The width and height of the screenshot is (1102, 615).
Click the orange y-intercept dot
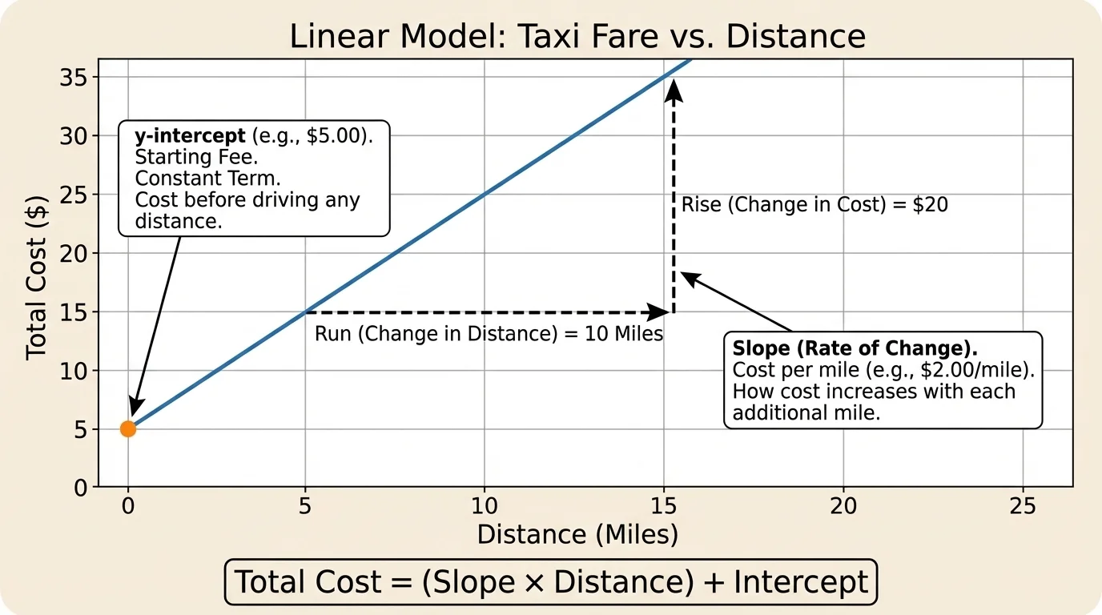click(x=128, y=428)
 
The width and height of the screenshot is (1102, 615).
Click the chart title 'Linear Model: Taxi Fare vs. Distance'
click(x=577, y=37)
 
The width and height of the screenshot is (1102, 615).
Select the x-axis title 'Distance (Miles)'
click(x=577, y=534)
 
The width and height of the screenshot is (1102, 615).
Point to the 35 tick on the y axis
click(x=74, y=78)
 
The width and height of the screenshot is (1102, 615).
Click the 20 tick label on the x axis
click(x=843, y=505)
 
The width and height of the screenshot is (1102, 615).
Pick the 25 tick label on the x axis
click(x=1023, y=505)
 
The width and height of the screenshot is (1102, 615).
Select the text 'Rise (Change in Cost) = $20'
click(x=814, y=205)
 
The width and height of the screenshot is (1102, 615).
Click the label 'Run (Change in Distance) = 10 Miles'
click(x=489, y=334)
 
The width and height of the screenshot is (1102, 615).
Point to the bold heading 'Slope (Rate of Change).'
click(x=855, y=350)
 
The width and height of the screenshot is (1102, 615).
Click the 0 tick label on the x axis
click(x=127, y=505)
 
